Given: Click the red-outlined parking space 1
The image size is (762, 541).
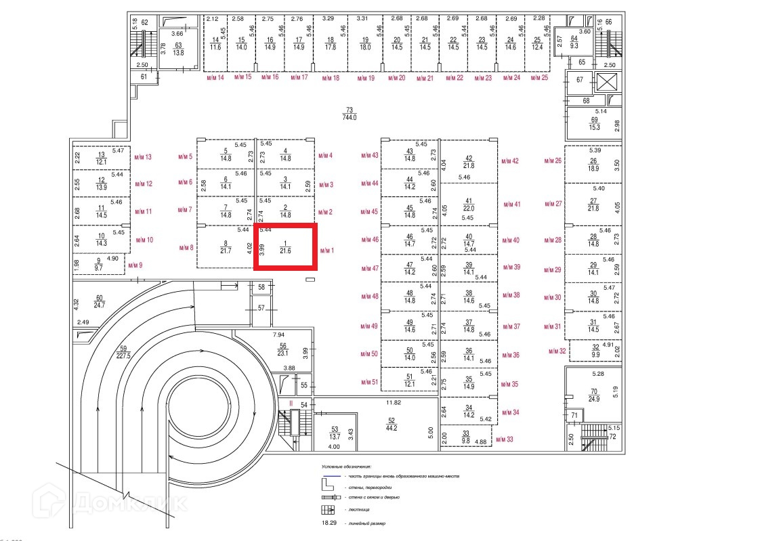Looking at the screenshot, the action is point(284,247).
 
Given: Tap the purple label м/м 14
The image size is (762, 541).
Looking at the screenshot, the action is point(215,78).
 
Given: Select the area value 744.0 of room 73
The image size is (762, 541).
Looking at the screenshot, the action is point(350,117).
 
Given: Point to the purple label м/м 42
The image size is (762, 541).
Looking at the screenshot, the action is point(510,161).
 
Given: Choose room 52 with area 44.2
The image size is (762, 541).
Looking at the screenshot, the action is point(391,425).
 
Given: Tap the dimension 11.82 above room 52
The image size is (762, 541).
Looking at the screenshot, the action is point(394,402).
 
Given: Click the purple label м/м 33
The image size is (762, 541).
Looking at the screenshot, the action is point(505,439).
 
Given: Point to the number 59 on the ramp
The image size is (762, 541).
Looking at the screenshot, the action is point(123,349).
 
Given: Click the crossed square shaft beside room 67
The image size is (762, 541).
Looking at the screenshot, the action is point(606,84).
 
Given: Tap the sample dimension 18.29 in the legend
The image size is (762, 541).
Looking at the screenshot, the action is point(329,523).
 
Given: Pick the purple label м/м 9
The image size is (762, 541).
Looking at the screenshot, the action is point(135,265).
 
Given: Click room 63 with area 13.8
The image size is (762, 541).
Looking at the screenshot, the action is point(179,49).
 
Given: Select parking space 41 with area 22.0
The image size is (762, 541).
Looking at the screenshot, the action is point(468,204).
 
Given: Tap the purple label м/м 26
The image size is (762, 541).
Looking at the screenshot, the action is point(553,161).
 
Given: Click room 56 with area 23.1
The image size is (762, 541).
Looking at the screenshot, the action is point(283,349).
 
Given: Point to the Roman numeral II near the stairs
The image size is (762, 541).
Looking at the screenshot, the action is point(291,404).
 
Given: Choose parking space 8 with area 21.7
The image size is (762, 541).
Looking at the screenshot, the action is point(226,247).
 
